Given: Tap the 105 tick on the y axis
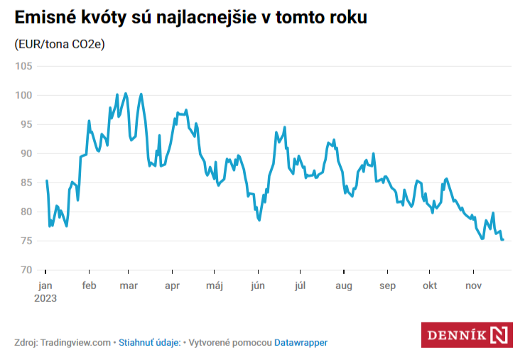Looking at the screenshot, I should (24, 66).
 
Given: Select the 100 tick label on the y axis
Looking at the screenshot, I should (24, 95).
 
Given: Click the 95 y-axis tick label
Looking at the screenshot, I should (26, 124).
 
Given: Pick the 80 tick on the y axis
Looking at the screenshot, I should (26, 212).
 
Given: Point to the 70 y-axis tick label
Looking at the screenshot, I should (26, 270).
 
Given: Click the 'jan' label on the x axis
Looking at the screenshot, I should (45, 285).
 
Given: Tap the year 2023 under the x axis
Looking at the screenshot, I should (45, 298).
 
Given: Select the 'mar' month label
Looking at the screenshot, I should (129, 285).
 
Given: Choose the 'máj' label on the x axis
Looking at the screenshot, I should (215, 285).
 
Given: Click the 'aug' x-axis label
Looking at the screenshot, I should (344, 285).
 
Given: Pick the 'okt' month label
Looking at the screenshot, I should (429, 285).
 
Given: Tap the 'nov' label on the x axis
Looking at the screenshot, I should (473, 285).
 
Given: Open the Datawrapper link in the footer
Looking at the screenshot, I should (301, 342).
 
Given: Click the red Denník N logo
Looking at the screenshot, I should (467, 334).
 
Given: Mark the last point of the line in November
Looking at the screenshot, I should (503, 240).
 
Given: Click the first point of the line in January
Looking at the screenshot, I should (46, 180).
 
